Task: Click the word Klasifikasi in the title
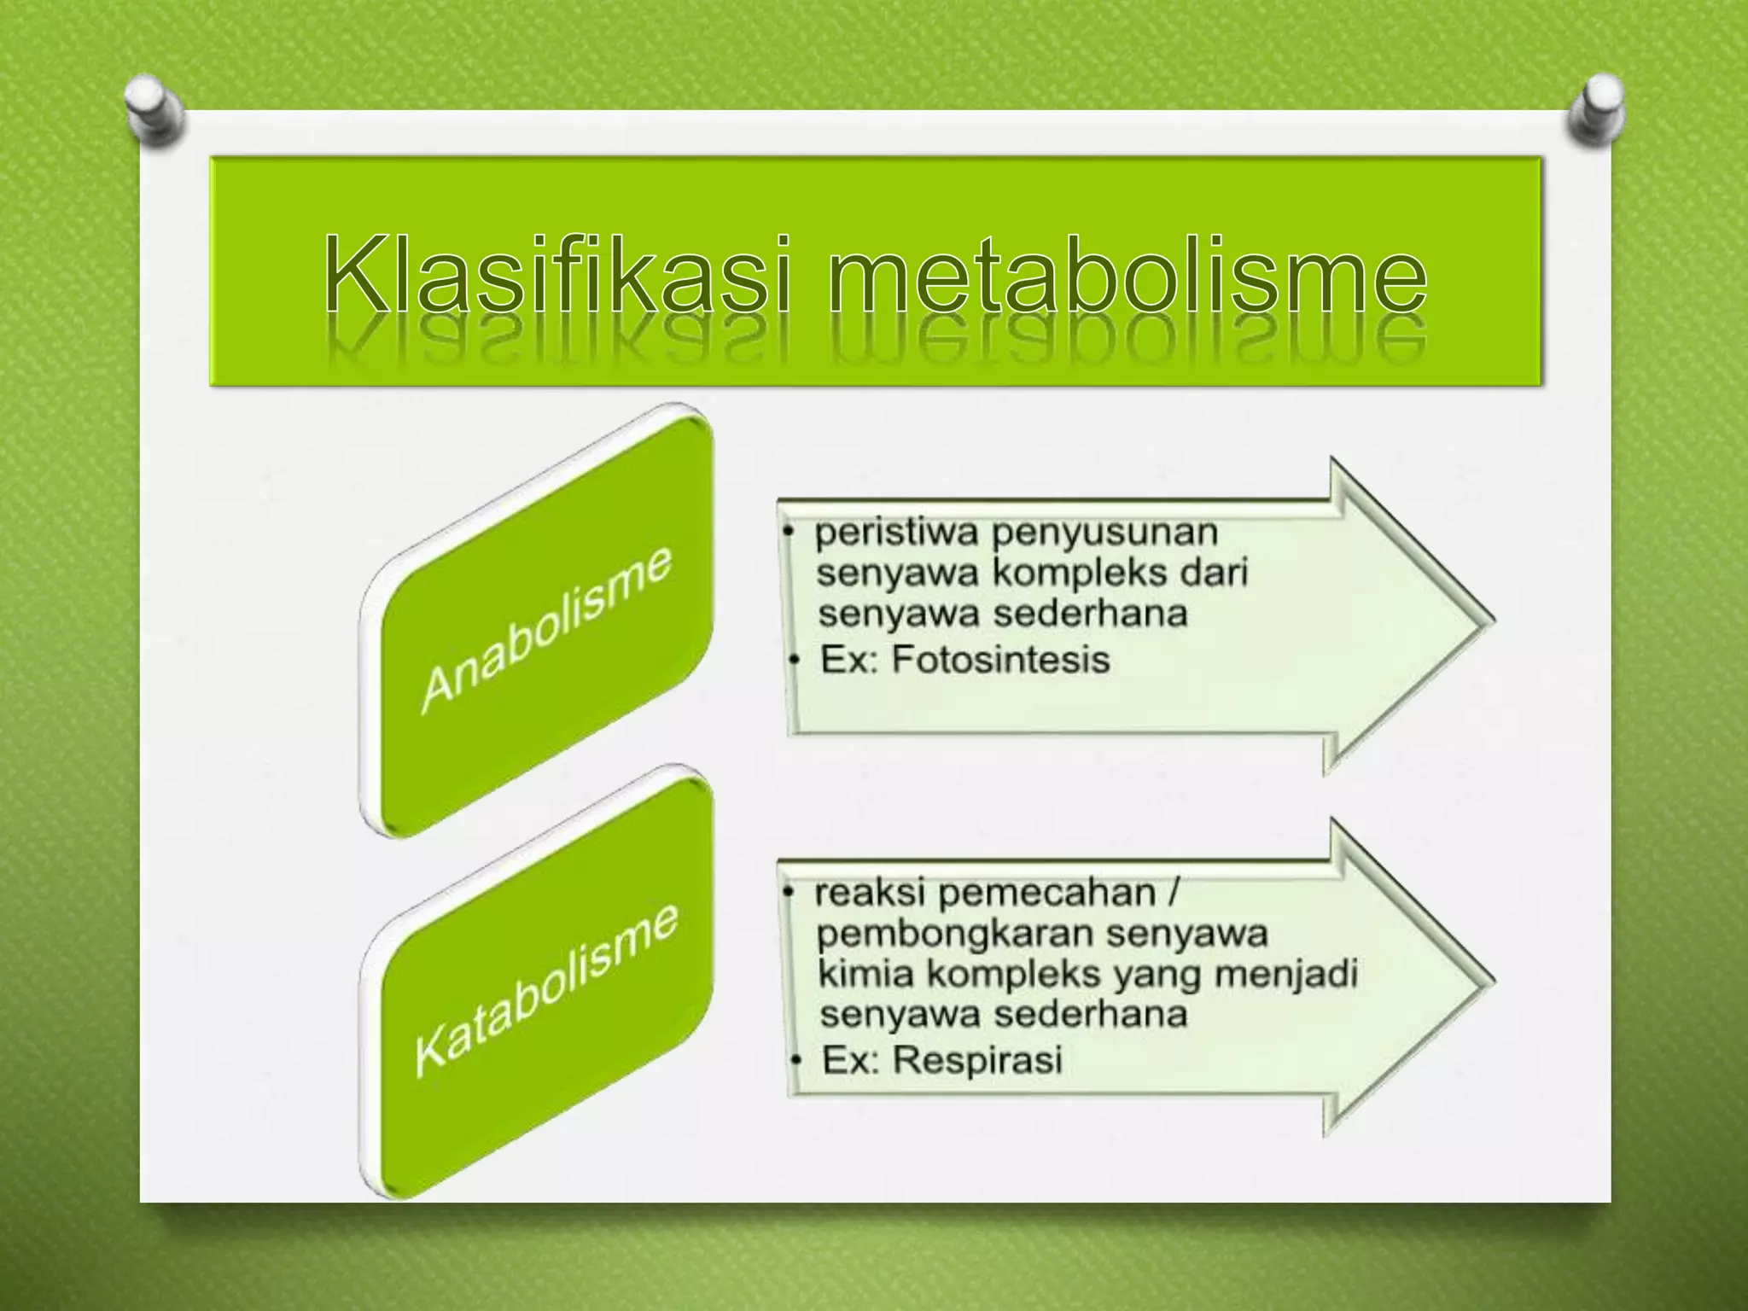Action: point(559,273)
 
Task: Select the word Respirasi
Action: point(978,1060)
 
